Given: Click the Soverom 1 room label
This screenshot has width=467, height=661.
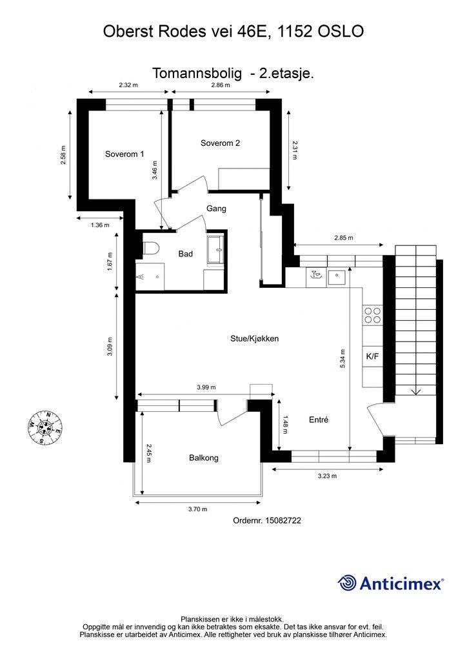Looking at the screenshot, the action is point(124,154).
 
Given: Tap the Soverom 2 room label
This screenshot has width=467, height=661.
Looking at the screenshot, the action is point(220,143).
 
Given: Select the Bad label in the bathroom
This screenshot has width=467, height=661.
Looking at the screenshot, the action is point(185,253).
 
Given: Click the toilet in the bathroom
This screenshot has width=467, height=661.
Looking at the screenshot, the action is point(150,249).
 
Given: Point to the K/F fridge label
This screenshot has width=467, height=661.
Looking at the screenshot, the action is point(372,356).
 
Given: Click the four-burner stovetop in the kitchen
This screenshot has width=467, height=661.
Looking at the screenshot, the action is point(373,315).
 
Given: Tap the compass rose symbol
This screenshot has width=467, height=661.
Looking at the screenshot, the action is point(45,427).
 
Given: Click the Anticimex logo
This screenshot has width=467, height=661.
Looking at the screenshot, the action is point(390,583).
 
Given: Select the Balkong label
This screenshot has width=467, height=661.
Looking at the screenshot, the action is point(204,458).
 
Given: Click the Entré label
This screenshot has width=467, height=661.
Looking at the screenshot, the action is point(319,420).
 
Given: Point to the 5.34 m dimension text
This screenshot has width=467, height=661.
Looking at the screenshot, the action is point(343,359).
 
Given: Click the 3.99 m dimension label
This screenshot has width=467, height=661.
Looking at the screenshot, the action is point(206,387).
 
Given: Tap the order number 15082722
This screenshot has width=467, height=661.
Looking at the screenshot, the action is point(283,520).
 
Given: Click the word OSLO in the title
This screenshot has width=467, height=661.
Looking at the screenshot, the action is point(341,31).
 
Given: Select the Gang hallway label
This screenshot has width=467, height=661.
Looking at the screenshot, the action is point(216,208).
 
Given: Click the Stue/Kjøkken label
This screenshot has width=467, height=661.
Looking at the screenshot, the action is point(254,338).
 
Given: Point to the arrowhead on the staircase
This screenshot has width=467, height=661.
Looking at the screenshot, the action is point(416,392).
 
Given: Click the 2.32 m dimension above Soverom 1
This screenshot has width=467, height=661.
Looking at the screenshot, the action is point(128,85).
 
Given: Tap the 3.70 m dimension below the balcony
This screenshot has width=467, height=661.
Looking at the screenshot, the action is point(197,509).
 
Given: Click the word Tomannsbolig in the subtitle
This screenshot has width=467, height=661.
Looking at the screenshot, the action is point(197,74).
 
